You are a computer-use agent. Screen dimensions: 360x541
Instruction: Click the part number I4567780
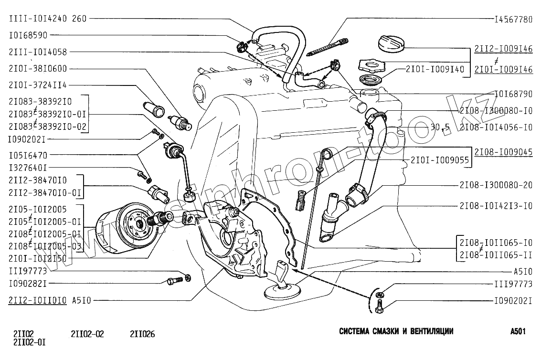pyautogui.click(x=513, y=20)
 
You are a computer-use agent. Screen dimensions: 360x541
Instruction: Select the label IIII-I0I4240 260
pyautogui.click(x=47, y=20)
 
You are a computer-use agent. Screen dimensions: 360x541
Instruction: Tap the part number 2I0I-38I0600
pyautogui.click(x=38, y=69)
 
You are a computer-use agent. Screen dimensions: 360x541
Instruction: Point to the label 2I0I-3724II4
pyautogui.click(x=38, y=85)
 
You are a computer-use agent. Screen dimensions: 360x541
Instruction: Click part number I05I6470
pyautogui.click(x=31, y=155)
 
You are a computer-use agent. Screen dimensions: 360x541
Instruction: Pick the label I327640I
pyautogui.click(x=28, y=168)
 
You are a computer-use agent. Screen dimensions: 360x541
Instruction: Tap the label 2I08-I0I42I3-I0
pyautogui.click(x=496, y=206)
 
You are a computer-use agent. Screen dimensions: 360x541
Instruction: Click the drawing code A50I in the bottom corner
pyautogui.click(x=518, y=331)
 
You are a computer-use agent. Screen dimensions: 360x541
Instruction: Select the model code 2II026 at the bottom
pyautogui.click(x=142, y=334)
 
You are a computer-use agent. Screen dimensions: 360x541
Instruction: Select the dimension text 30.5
pyautogui.click(x=440, y=127)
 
